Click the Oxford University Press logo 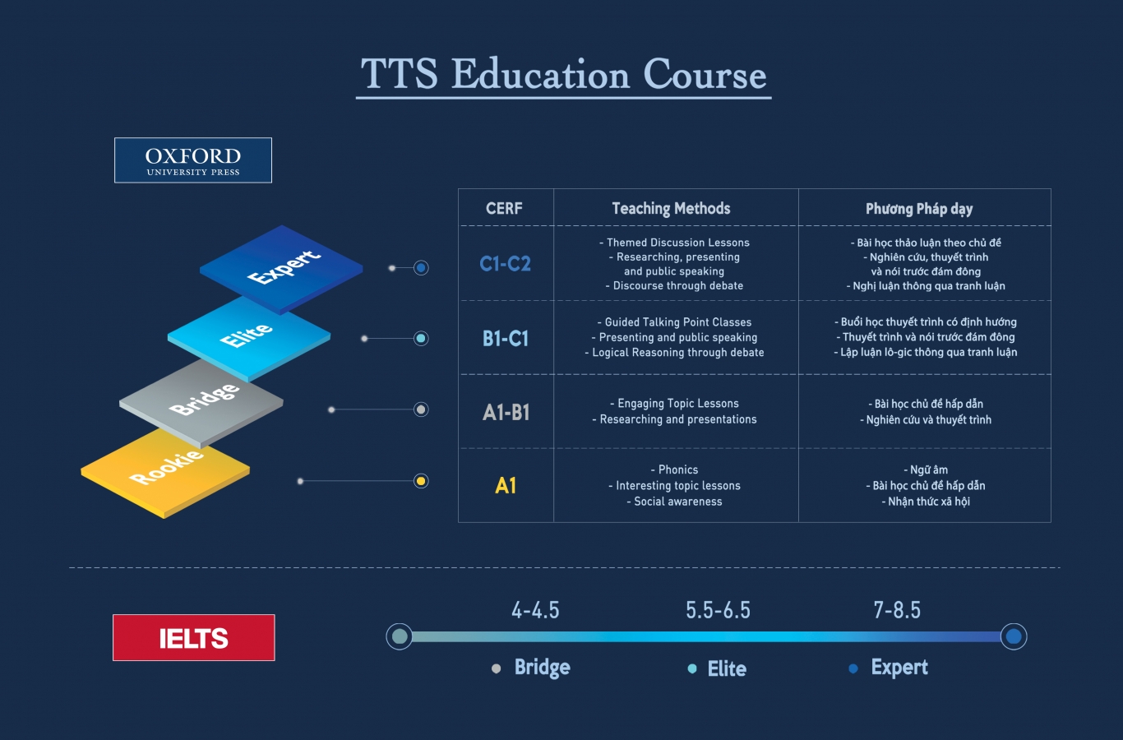[x=193, y=160]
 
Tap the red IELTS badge [x=193, y=637]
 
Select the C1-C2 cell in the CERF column [x=505, y=264]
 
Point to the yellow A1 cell [x=506, y=485]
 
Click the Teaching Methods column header [x=671, y=208]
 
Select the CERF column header [x=504, y=208]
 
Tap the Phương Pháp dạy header [x=919, y=209]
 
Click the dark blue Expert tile [x=281, y=269]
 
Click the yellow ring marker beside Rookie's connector [x=421, y=481]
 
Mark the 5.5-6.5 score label [x=718, y=610]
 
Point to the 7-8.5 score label [x=897, y=610]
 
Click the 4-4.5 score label [x=535, y=610]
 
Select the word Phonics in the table [x=677, y=469]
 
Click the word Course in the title [x=705, y=74]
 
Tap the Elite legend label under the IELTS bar [x=727, y=668]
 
